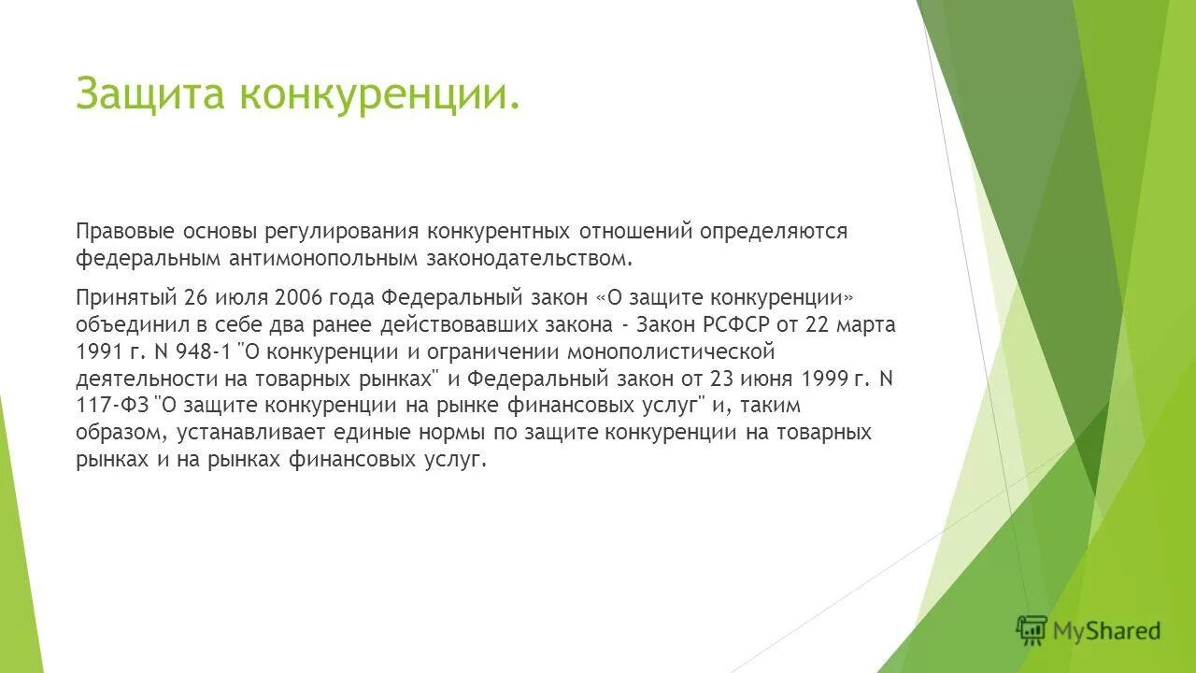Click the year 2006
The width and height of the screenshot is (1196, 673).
(x=297, y=298)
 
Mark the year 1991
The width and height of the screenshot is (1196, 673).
(x=96, y=352)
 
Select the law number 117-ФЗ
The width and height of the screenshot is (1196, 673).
(x=111, y=407)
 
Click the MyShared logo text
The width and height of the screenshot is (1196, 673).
(x=1106, y=631)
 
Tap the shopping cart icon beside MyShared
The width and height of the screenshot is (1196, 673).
(x=1032, y=631)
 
